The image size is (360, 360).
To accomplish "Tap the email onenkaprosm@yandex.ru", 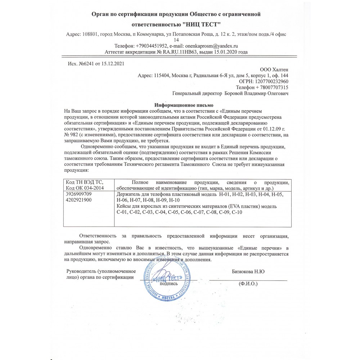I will coord(211,46).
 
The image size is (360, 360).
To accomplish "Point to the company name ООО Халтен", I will coord(274,69).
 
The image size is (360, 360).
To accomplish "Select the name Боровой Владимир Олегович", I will coord(256,93).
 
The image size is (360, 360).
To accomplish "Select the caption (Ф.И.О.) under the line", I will coord(248,284).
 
